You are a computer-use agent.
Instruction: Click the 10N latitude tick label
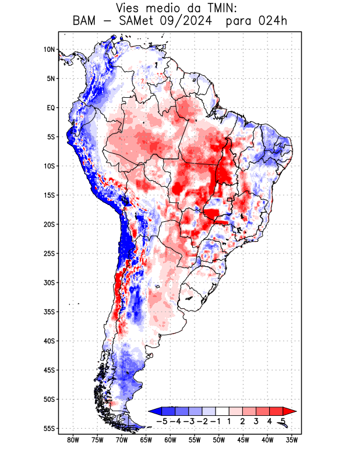click(x=49, y=50)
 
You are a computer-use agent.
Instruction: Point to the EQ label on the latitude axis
click(x=51, y=108)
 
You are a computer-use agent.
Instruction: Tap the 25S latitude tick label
click(x=49, y=253)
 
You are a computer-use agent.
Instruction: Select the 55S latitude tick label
click(x=49, y=428)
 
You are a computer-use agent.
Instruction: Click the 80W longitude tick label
click(x=73, y=440)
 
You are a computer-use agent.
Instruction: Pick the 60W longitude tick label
click(x=170, y=440)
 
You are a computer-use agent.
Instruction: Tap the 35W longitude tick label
click(x=292, y=440)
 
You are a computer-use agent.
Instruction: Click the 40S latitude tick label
click(x=49, y=341)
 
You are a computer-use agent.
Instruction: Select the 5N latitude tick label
click(x=50, y=79)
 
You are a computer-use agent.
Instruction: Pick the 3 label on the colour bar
click(x=256, y=421)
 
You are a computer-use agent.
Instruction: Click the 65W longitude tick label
click(x=146, y=440)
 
